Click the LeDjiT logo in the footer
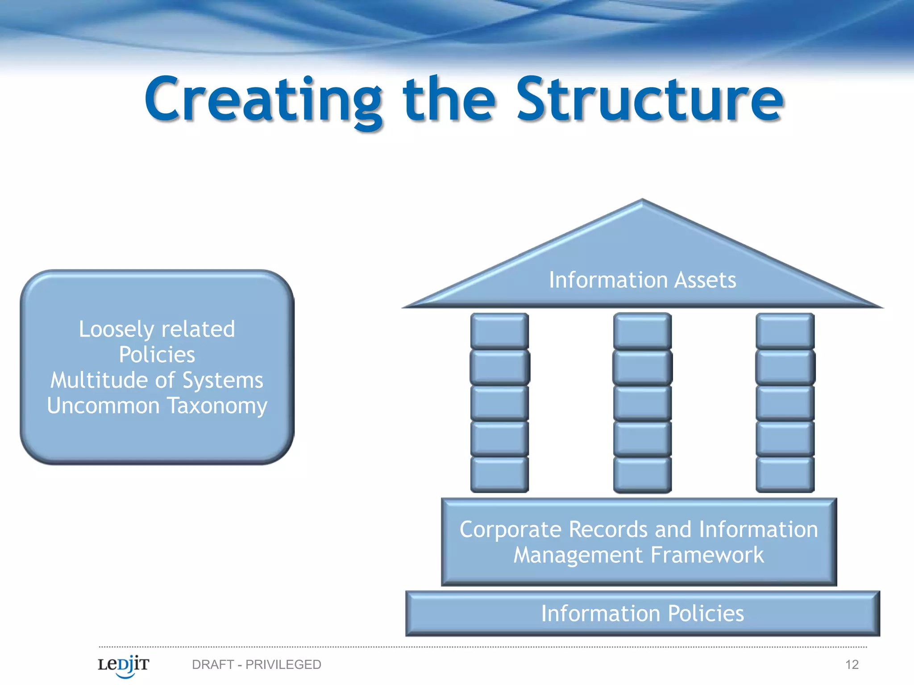click(123, 665)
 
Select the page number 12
click(852, 664)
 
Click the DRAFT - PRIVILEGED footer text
click(256, 664)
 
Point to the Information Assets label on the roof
click(642, 280)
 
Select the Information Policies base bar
click(642, 613)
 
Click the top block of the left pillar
click(499, 331)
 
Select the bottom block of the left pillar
click(499, 475)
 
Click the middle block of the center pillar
click(642, 403)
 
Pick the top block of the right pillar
click(785, 331)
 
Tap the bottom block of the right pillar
click(785, 475)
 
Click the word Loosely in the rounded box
click(116, 330)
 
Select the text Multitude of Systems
click(157, 380)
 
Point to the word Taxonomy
click(217, 406)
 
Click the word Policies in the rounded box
click(157, 355)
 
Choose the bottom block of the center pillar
click(642, 475)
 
